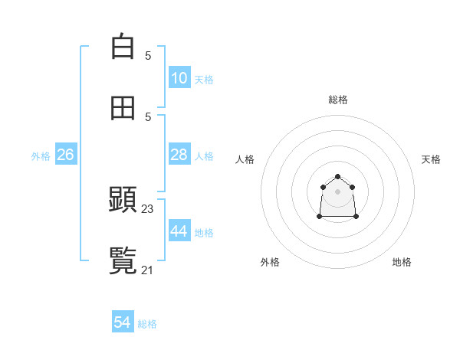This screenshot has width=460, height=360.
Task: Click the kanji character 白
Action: coord(123,47)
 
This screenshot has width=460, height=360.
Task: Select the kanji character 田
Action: coord(123,108)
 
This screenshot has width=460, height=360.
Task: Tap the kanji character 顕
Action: coord(123,200)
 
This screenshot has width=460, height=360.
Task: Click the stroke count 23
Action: coord(148,208)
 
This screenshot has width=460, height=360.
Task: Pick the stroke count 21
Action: coord(148,270)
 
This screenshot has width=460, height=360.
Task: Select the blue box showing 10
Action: coord(179,78)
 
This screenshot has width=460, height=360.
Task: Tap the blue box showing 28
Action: coord(179,155)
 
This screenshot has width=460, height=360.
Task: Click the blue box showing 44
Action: coord(179,231)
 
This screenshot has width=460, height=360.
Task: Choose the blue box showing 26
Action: coord(65,155)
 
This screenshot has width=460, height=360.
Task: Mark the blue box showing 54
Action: coord(123,323)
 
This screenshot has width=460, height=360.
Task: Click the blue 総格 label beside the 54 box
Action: coord(147,324)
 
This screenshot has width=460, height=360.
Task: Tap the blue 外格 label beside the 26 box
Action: coord(41,155)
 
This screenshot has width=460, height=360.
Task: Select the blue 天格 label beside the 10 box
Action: coord(204,79)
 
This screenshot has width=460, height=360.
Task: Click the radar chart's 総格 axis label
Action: coord(338,100)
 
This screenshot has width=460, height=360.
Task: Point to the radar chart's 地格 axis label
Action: coord(402,262)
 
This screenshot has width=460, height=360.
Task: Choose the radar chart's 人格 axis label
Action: coord(245,159)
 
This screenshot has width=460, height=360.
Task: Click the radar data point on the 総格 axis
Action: coord(337,177)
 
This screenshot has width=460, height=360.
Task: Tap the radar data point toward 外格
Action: coord(320,217)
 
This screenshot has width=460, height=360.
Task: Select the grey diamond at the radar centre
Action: coord(337,191)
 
